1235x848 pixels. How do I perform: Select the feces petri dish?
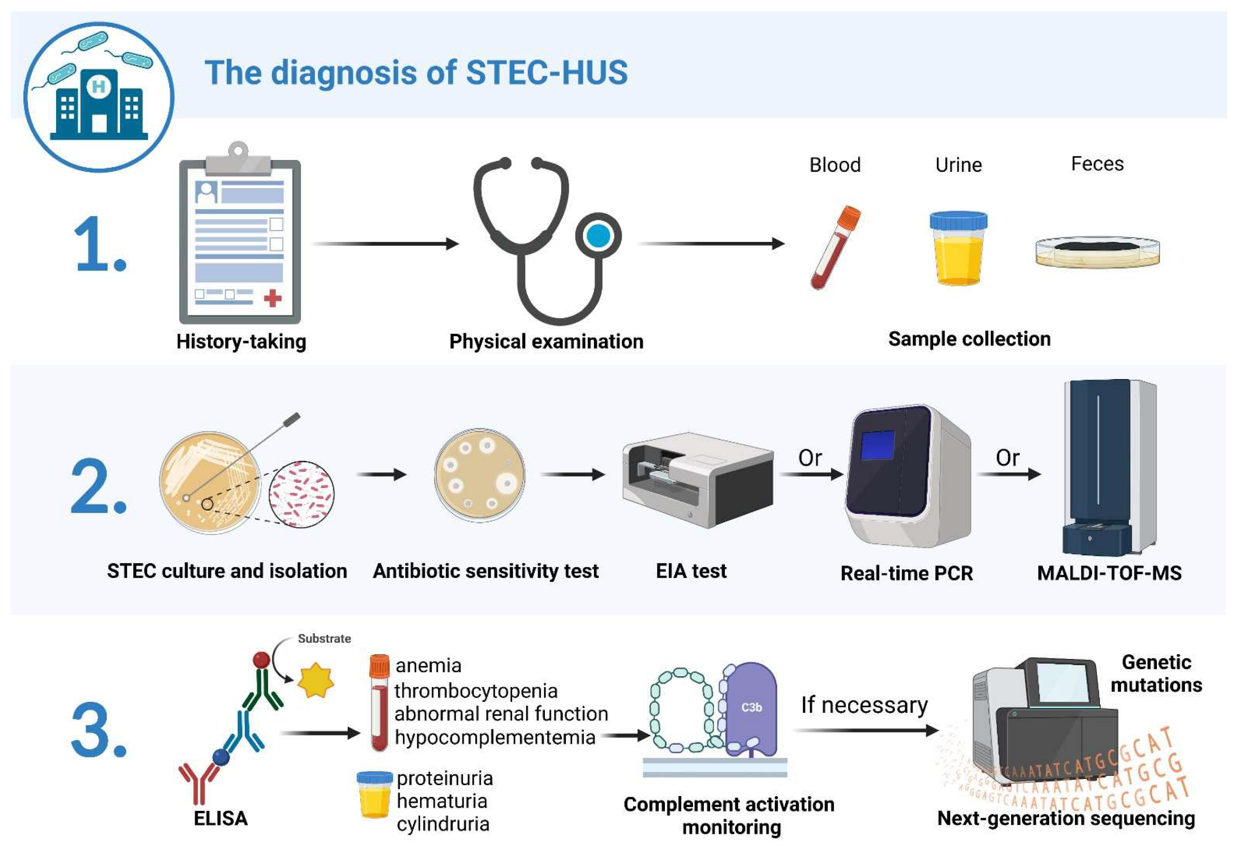[1097, 252]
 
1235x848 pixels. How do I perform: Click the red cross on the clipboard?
[272, 298]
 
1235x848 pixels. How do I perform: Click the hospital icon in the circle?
[99, 101]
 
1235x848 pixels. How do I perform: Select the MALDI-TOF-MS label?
[1109, 573]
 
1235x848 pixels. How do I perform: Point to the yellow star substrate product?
[316, 680]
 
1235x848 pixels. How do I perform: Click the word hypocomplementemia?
[495, 738]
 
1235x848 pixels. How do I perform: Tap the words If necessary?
[864, 705]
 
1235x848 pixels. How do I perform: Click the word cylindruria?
[442, 824]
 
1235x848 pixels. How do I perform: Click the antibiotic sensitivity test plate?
[479, 475]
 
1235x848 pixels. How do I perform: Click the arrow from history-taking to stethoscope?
[386, 244]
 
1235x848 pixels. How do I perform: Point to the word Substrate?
[324, 638]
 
